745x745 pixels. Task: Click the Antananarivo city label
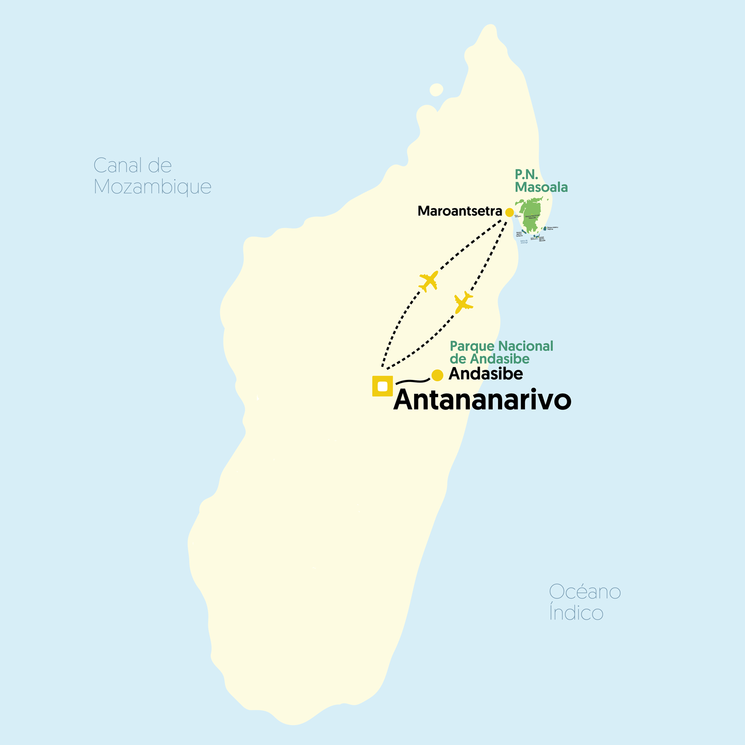point(482,400)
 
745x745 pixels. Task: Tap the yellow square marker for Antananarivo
point(382,386)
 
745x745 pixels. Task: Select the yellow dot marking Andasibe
point(437,375)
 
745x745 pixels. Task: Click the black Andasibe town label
point(485,374)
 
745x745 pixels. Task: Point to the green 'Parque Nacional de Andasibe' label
point(501,352)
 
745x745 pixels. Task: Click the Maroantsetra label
point(459,211)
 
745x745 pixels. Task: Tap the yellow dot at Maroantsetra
point(509,213)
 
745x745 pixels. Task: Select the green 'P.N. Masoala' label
point(541,181)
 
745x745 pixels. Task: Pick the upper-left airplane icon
point(429,281)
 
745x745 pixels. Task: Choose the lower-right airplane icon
point(463,302)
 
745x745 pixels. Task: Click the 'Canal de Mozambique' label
point(152,176)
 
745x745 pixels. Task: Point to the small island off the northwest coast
point(436,90)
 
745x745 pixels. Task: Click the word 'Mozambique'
point(152,187)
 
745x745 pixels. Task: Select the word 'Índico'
point(576,612)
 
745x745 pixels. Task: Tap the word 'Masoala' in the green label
point(541,187)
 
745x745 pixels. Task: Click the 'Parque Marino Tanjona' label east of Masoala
point(552,228)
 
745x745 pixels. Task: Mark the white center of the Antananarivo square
point(382,386)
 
